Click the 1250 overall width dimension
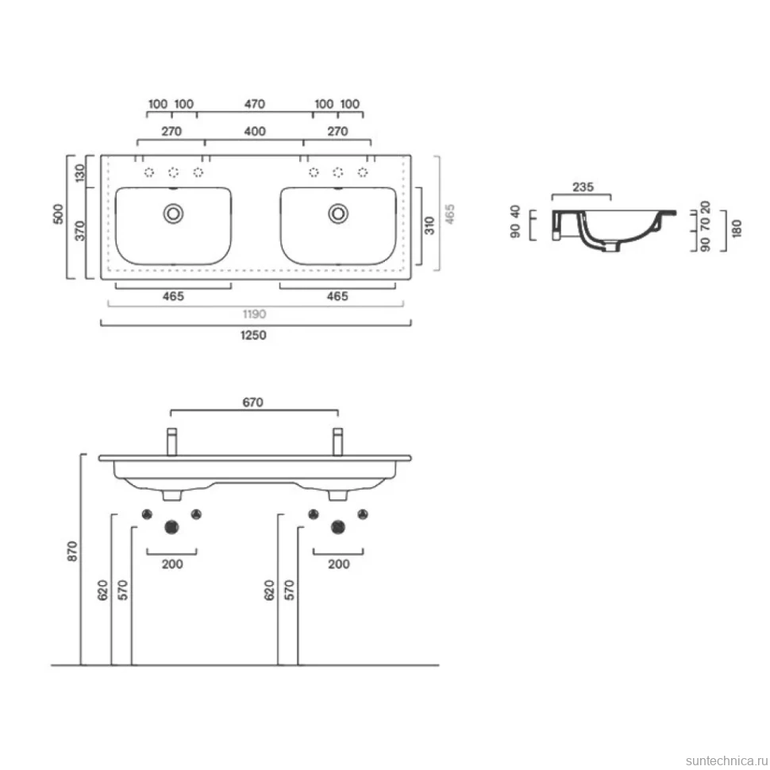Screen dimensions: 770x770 (x=253, y=336)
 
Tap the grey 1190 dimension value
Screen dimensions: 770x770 (x=254, y=314)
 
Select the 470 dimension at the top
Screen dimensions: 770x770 (x=254, y=104)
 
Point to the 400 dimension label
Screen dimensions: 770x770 (x=255, y=132)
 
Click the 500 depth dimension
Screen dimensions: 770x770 (x=59, y=214)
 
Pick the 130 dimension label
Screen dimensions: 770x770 (x=79, y=173)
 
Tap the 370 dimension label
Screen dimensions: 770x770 (x=79, y=231)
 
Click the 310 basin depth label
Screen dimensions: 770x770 (x=429, y=225)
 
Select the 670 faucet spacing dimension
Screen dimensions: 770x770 (x=253, y=402)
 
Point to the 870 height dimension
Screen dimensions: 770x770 (x=72, y=551)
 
